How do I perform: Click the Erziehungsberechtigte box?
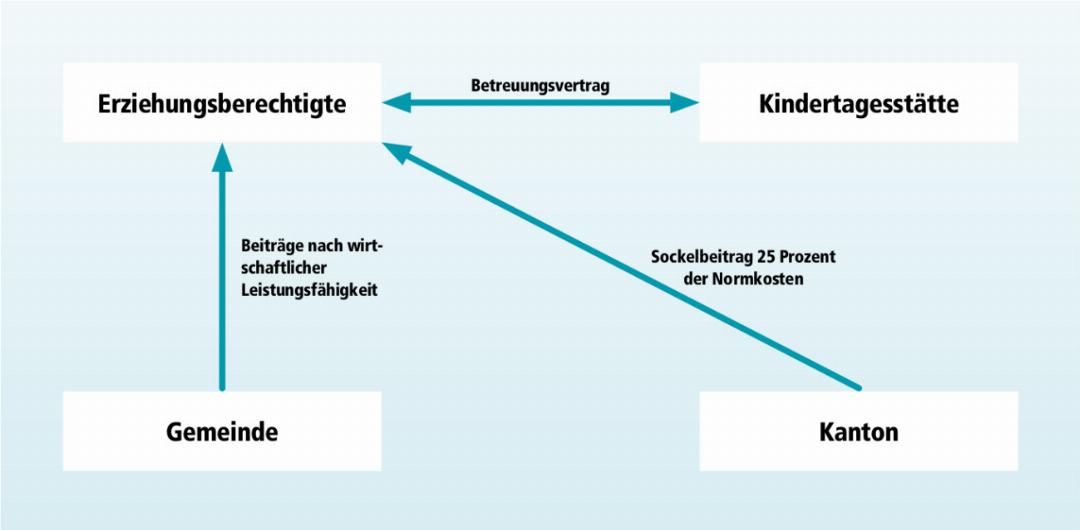[x=222, y=103]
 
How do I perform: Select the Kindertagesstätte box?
[x=858, y=103]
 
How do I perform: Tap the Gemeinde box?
[x=222, y=431]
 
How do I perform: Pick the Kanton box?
[x=858, y=431]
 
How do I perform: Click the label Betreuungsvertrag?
[x=540, y=85]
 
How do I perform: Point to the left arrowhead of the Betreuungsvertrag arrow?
[x=397, y=103]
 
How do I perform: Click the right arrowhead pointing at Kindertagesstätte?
[x=684, y=103]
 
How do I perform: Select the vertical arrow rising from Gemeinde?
[x=222, y=267]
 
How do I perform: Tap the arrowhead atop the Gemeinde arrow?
[x=222, y=157]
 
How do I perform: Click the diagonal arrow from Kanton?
[x=622, y=266]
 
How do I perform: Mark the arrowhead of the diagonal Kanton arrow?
[x=397, y=152]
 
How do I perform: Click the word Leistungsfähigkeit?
[x=309, y=291]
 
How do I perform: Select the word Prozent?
[x=806, y=256]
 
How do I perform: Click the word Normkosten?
[x=763, y=280]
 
